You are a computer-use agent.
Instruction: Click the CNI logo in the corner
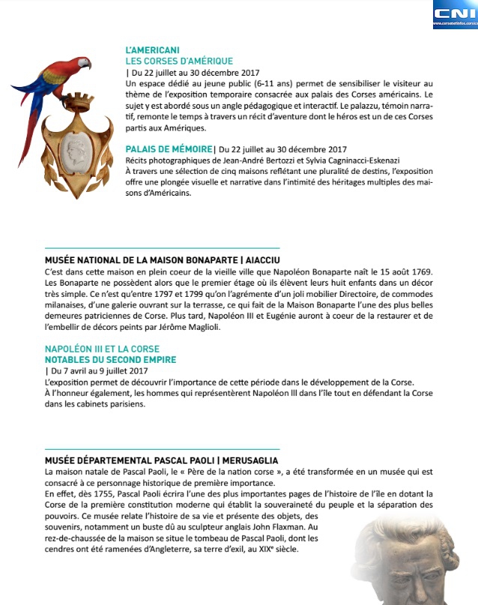tap(454, 13)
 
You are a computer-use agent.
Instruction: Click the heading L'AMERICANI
tap(152, 49)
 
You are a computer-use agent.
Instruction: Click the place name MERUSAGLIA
tap(252, 460)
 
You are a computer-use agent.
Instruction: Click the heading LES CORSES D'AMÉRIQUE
tap(179, 61)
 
